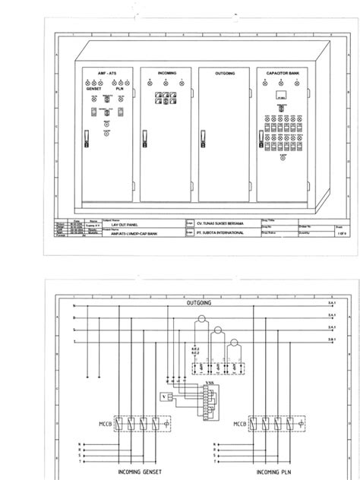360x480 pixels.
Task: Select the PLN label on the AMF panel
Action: pyautogui.click(x=119, y=88)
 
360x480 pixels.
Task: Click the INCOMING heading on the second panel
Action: pyautogui.click(x=167, y=72)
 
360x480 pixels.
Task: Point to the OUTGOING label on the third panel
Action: pyautogui.click(x=225, y=73)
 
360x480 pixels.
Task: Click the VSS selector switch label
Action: pyautogui.click(x=210, y=384)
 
